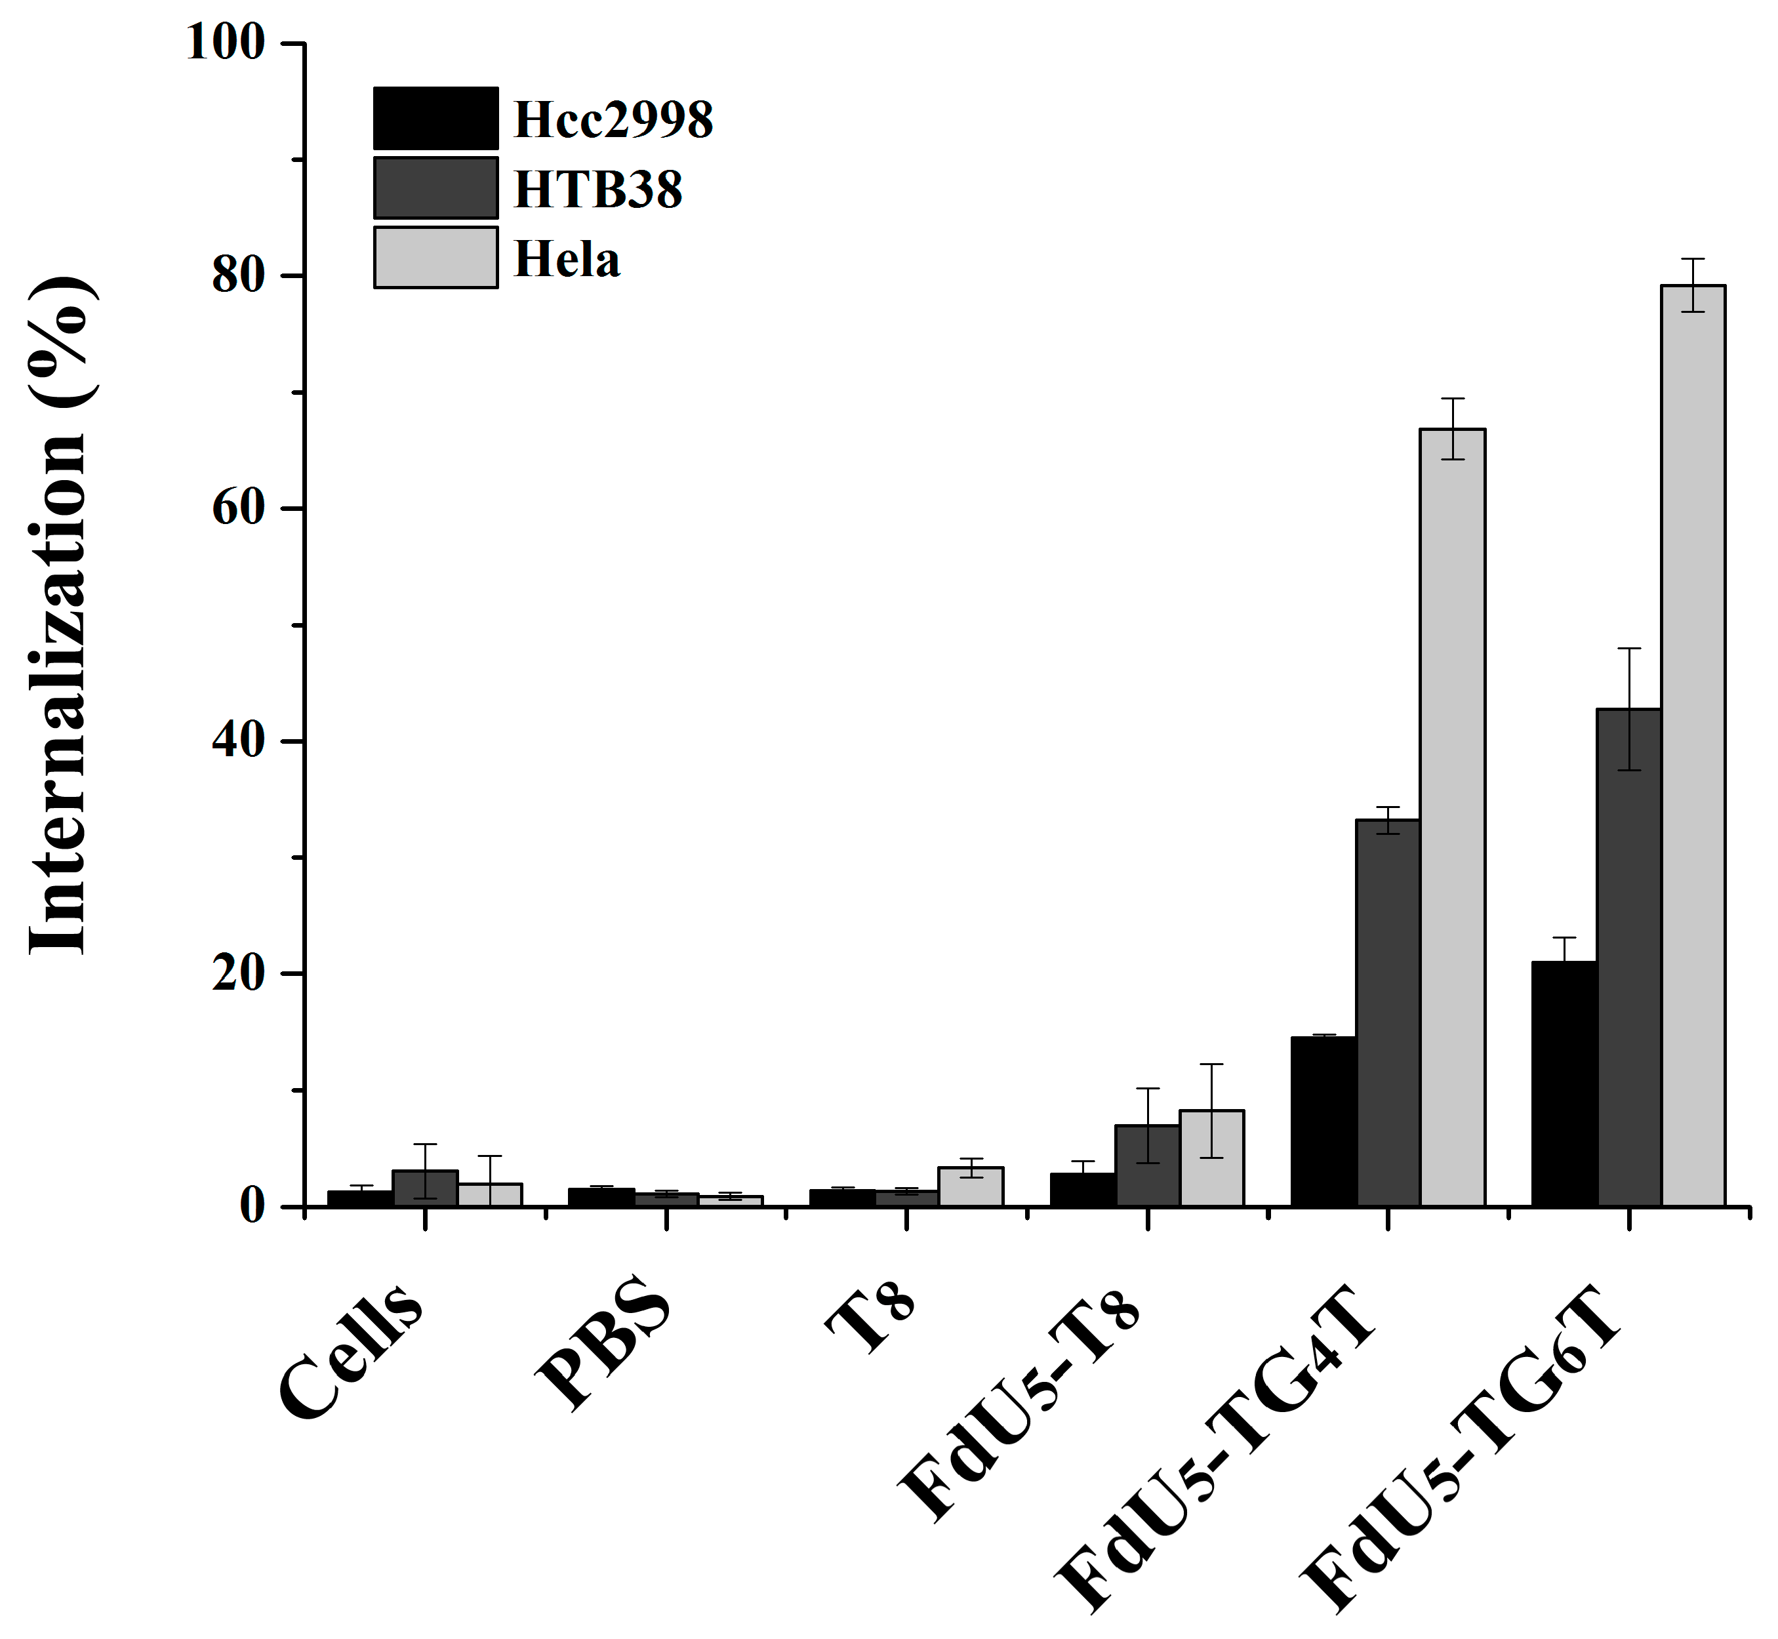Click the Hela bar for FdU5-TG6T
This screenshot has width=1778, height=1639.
pos(1692,745)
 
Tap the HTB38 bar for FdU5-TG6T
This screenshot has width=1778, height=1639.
pos(1628,957)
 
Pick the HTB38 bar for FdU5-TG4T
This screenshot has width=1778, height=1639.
pos(1388,1012)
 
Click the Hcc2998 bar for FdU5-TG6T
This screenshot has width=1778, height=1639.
pos(1564,1083)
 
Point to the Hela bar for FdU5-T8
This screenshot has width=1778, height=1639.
pos(1211,1158)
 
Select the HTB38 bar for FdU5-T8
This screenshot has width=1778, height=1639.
pos(1148,1165)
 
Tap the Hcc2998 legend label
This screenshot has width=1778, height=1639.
pos(613,120)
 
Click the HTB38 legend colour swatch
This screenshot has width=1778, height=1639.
pos(435,188)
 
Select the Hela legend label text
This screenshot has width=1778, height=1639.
pos(567,260)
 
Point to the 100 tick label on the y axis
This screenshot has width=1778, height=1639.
pos(226,43)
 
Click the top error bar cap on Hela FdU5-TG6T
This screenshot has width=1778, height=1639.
pos(1692,259)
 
